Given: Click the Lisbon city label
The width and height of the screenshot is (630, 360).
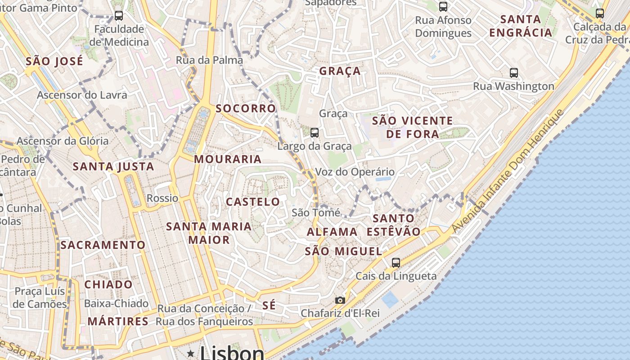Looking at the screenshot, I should (232, 352).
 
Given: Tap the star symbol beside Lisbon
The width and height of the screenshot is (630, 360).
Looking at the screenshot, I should (191, 354).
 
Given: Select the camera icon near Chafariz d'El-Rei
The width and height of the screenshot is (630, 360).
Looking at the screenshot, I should (340, 300).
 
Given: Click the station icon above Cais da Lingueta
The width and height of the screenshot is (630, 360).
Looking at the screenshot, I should (396, 262).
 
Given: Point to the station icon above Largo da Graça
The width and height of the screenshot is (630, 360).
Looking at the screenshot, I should (315, 132).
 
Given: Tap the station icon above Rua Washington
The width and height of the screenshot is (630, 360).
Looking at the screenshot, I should (513, 72).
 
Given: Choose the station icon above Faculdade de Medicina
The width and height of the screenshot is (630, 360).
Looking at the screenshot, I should (119, 16).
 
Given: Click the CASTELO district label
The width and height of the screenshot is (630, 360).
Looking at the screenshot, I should (253, 202).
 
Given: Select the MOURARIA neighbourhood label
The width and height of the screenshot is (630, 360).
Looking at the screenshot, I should (228, 159).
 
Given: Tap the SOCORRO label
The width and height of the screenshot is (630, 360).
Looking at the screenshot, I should (246, 108).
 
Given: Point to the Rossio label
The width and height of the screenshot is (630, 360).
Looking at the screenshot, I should (162, 198).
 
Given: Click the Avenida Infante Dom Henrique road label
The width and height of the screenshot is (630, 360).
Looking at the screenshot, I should (508, 171).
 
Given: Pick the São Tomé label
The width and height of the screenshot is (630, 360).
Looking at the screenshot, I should (316, 212).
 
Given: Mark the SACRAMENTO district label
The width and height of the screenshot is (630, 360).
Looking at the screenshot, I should (103, 245).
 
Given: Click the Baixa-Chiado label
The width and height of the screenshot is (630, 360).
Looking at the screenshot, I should (116, 303).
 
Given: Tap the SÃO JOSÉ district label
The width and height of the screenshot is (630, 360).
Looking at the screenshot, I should (54, 61).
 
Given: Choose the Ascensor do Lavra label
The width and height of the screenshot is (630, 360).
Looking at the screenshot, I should (82, 95).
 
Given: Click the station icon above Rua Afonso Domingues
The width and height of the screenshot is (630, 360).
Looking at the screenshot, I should (443, 6).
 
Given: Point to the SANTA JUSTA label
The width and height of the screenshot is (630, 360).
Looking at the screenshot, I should (113, 166).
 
